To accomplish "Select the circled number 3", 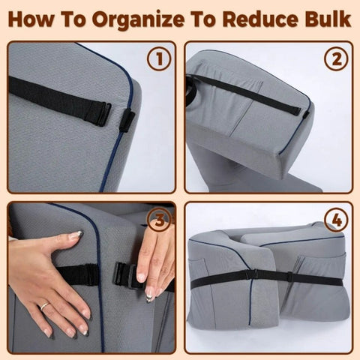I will pos(157,220).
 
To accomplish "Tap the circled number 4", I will pos(336,220).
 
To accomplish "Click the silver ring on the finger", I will pos(44,306).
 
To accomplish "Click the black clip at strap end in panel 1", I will pos(124,118).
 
